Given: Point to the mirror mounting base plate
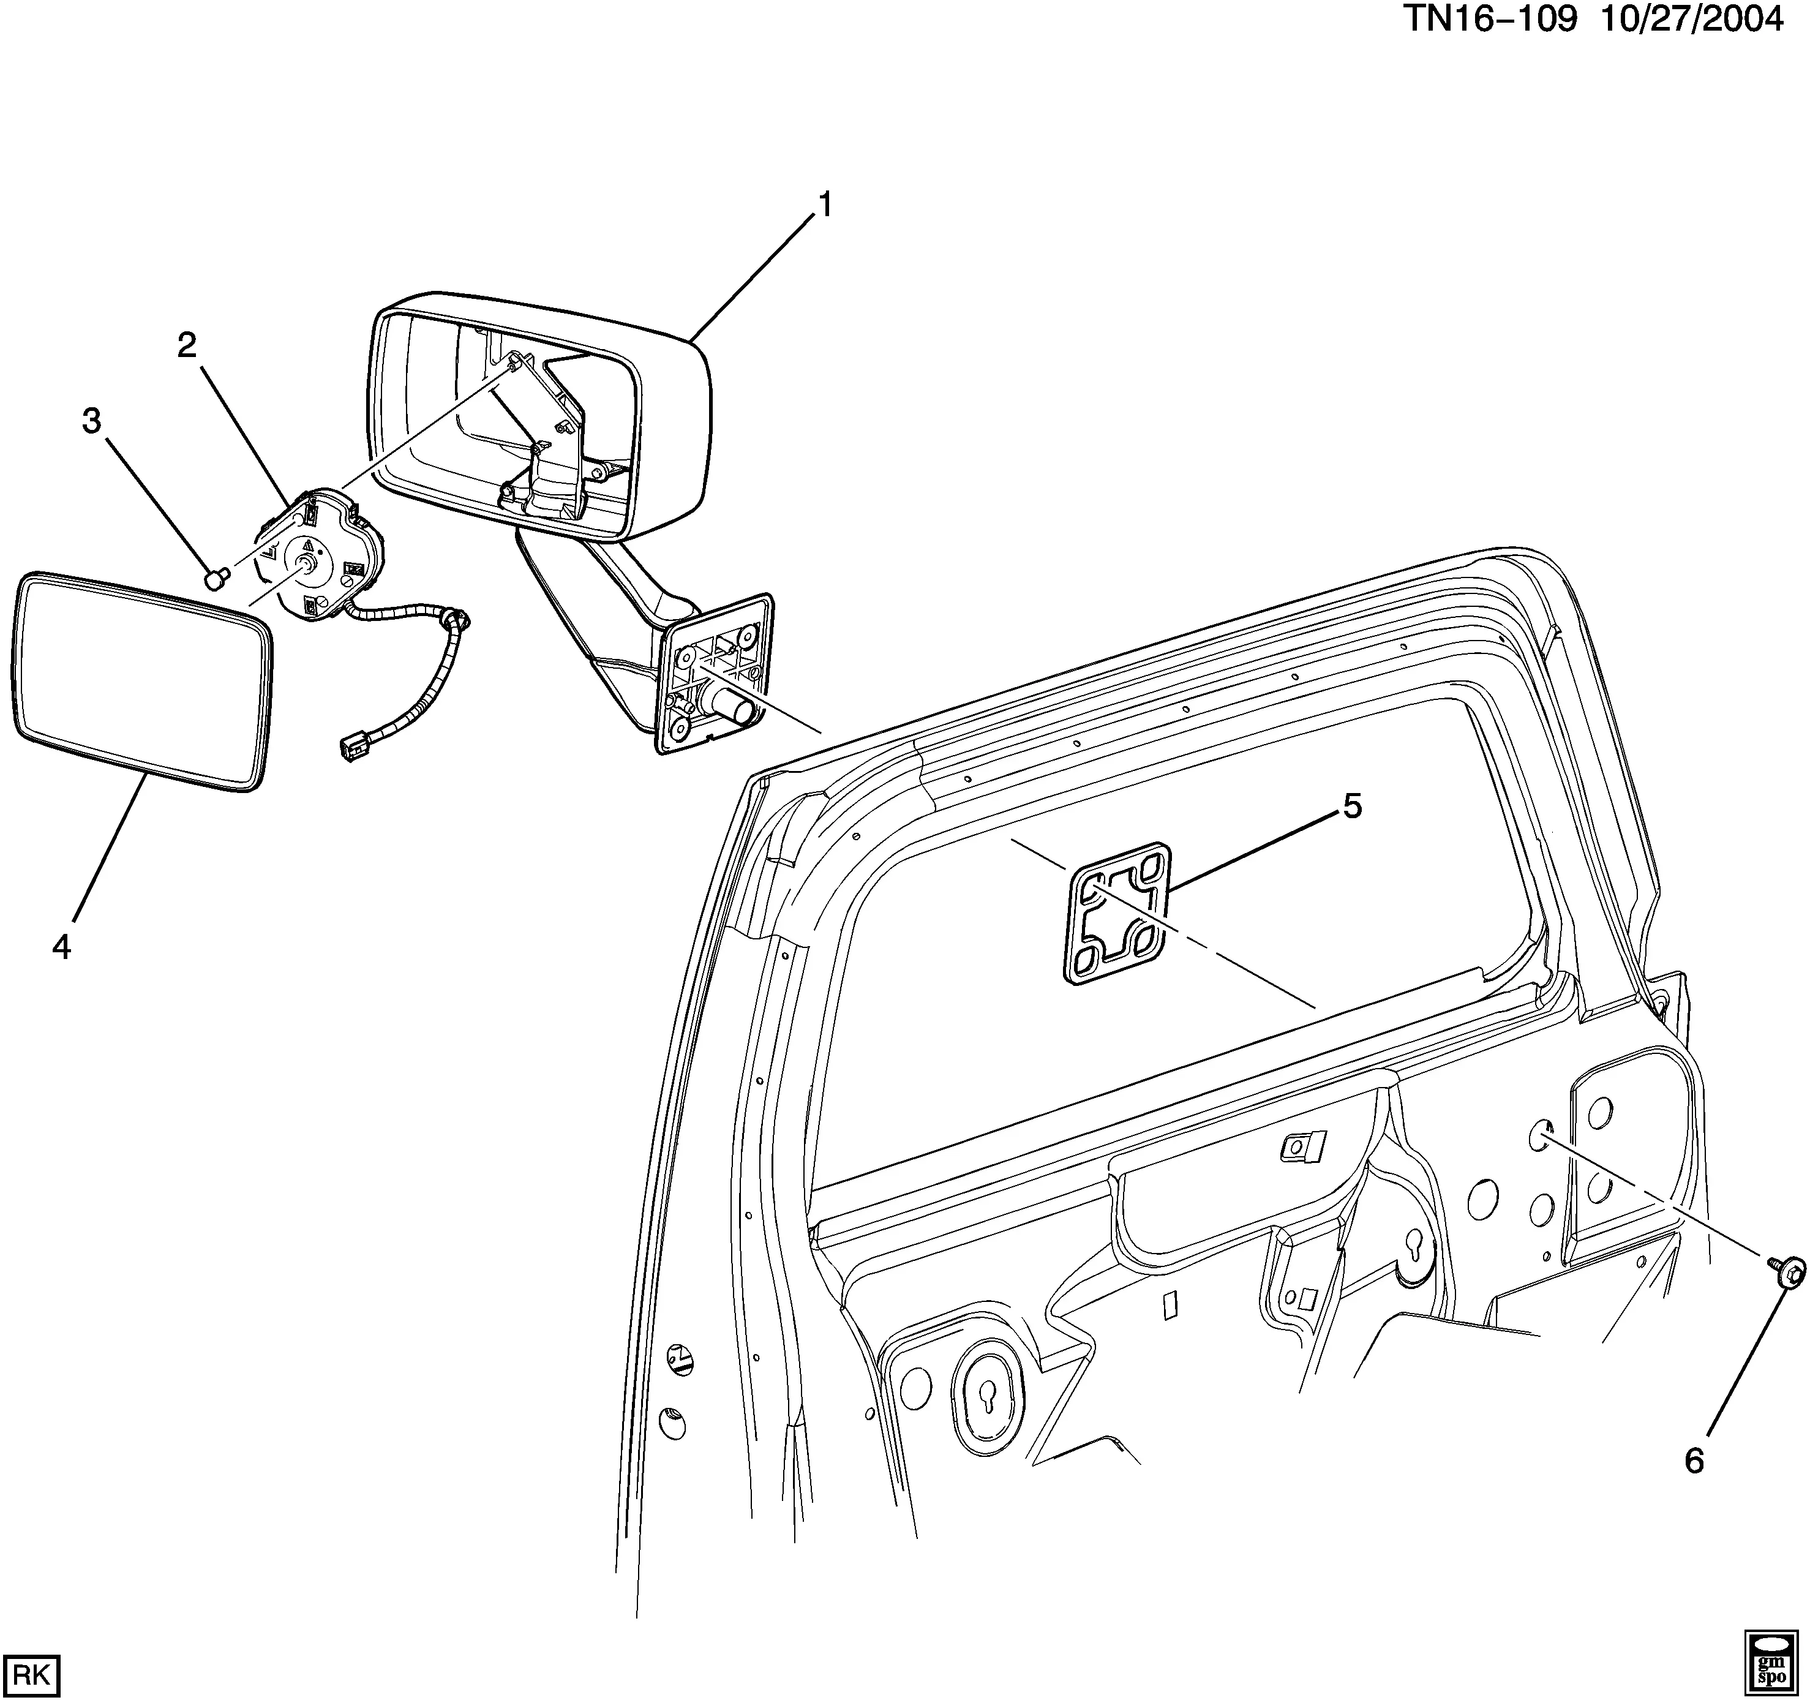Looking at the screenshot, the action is pos(716,672).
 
